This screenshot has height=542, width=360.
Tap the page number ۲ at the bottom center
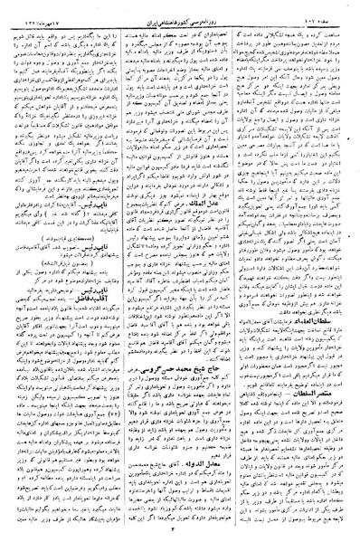pos(180,533)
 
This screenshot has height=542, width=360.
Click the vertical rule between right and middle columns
pos(242,271)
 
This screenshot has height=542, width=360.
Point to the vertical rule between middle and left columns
pos(122,271)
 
